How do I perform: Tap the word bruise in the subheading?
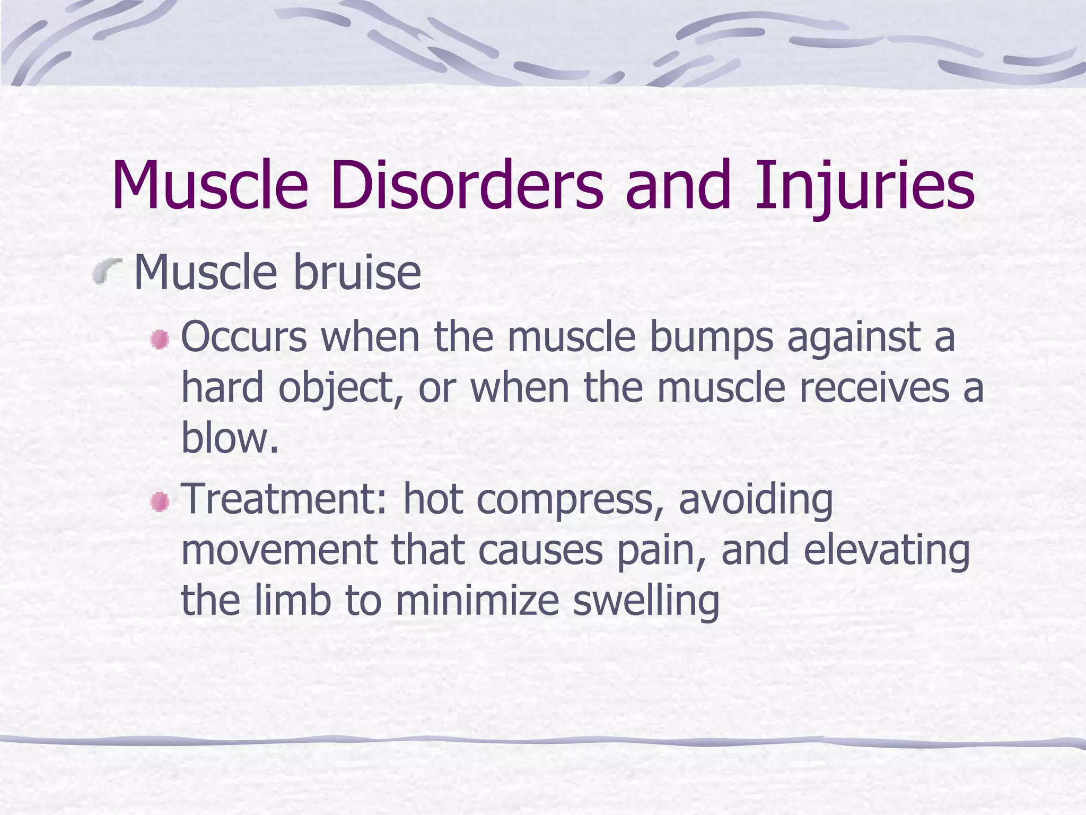[356, 273]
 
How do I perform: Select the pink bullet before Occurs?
[159, 340]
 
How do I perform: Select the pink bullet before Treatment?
[159, 501]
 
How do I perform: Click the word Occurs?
[244, 337]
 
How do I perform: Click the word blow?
[229, 438]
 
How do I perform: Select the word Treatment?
[285, 499]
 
